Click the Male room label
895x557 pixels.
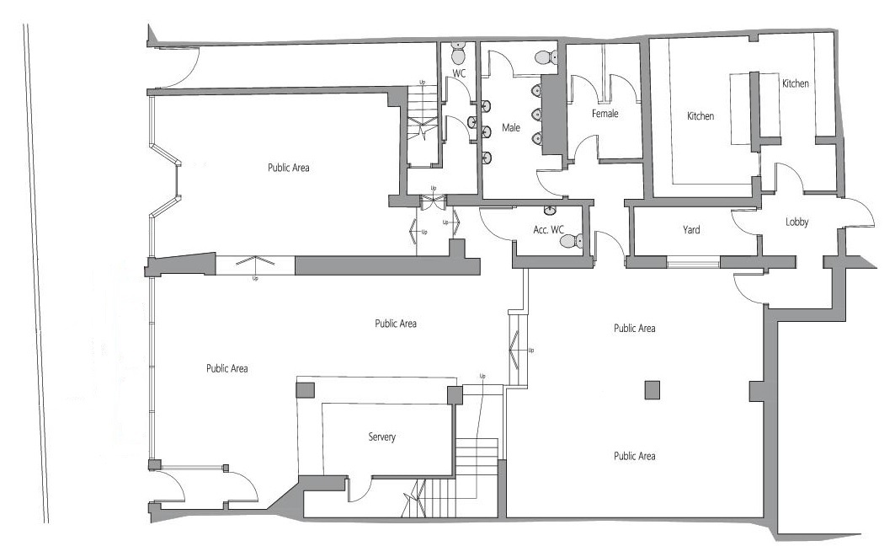click(511, 127)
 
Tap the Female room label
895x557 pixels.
click(605, 114)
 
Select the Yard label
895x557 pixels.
click(691, 230)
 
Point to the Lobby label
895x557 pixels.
click(796, 222)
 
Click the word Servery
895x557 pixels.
click(382, 437)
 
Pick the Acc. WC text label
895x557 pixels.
click(548, 230)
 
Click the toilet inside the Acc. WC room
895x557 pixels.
click(572, 241)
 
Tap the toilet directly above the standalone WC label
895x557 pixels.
click(458, 53)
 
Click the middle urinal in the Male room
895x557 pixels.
click(536, 115)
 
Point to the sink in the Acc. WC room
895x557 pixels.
click(550, 211)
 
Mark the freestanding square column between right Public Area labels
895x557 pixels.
click(653, 389)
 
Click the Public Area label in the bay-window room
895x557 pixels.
click(288, 168)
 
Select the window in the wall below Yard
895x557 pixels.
click(694, 264)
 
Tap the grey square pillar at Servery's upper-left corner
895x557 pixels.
click(306, 391)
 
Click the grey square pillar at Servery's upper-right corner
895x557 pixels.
click(455, 395)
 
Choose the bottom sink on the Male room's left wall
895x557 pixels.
click(487, 157)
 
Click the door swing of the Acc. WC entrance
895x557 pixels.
click(495, 226)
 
